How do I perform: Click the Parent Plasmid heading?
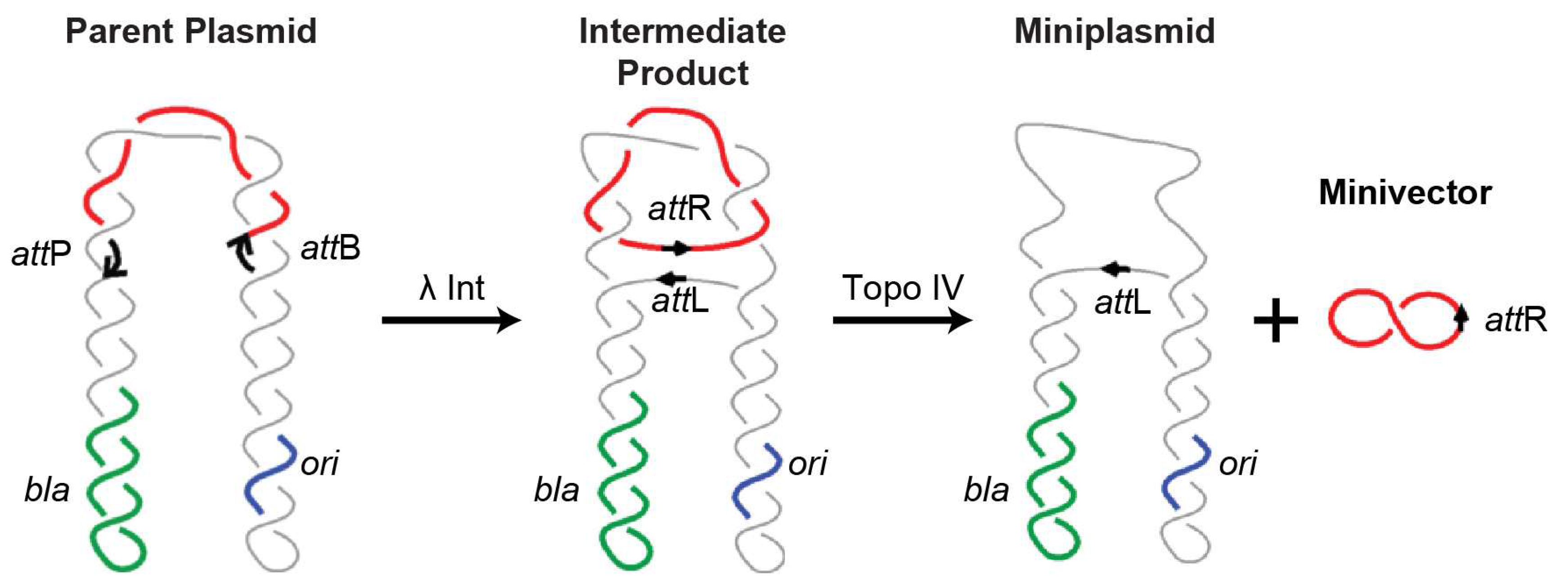coord(191,32)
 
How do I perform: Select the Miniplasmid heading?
coord(1114,32)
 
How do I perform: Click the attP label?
coord(41,254)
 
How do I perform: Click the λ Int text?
coord(451,288)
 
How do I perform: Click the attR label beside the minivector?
coord(1515,320)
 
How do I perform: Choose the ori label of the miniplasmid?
coord(1237,464)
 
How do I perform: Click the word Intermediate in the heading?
coord(682,32)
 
